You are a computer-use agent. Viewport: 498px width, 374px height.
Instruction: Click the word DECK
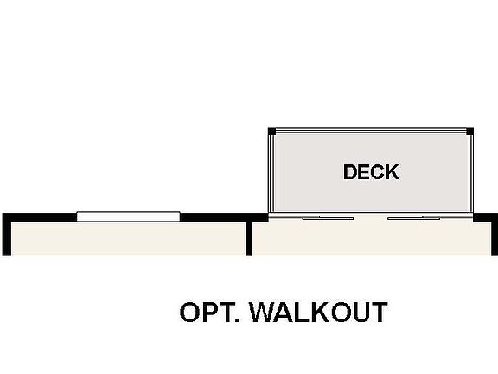[371, 172]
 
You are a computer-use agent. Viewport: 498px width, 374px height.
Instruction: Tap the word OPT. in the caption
[210, 312]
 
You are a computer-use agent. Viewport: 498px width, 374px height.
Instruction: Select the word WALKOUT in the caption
[318, 312]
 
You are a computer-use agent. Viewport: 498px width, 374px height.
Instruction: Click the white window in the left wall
[128, 216]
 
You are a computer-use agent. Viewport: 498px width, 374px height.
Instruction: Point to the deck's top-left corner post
[271, 132]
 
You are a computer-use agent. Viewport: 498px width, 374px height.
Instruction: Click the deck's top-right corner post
[470, 132]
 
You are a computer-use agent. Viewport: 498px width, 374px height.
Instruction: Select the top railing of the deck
[371, 131]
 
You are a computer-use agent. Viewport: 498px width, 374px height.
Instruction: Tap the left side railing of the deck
[271, 173]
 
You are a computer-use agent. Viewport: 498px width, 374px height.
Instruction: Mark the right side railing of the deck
[471, 173]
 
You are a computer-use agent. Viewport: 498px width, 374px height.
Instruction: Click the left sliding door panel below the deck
[328, 218]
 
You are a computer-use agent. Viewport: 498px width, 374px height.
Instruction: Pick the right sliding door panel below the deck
[414, 218]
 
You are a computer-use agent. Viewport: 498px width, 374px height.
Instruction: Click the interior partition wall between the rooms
[248, 238]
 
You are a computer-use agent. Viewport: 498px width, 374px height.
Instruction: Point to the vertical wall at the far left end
[7, 235]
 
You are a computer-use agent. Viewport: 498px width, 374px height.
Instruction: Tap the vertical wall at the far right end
[495, 235]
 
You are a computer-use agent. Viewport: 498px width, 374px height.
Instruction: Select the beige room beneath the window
[128, 238]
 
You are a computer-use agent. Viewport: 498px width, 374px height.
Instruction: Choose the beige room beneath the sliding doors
[371, 238]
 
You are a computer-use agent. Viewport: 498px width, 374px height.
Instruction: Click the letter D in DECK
[349, 172]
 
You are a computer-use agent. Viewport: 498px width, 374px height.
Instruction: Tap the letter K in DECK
[393, 172]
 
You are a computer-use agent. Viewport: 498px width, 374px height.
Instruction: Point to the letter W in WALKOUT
[264, 312]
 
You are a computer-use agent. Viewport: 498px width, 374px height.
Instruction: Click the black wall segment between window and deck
[224, 217]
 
